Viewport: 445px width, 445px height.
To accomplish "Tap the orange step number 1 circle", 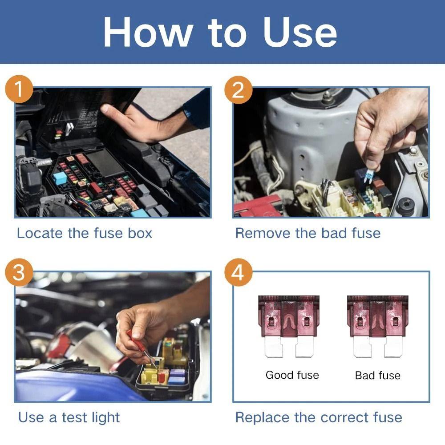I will click(19, 90).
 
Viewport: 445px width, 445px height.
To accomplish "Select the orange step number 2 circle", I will click(238, 90).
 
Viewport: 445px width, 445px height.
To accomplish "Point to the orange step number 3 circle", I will click(19, 273).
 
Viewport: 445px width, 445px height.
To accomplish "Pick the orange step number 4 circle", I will click(238, 273).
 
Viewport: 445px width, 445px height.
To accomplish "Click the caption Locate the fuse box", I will click(85, 233).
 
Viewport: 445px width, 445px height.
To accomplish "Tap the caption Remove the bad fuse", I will click(307, 233).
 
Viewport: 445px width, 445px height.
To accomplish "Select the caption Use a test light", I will click(69, 417).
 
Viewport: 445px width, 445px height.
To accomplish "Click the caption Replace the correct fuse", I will click(319, 417).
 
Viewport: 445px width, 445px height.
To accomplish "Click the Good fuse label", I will click(292, 375).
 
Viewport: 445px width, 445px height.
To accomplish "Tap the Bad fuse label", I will click(377, 376).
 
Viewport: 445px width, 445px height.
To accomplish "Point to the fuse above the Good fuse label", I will click(289, 326).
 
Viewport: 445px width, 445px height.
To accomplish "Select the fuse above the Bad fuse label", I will click(377, 326).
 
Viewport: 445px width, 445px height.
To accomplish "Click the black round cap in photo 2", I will click(405, 206).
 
